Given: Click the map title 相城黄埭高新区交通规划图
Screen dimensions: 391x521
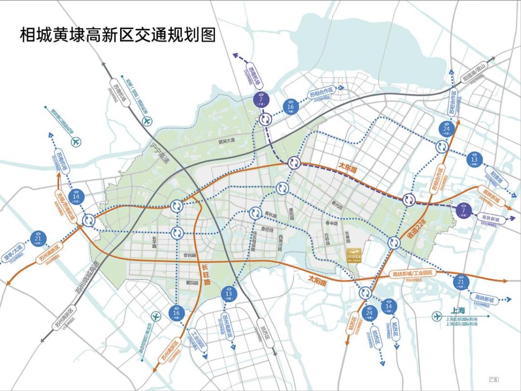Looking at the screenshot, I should [x=118, y=34].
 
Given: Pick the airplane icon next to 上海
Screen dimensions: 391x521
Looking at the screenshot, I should [x=437, y=316].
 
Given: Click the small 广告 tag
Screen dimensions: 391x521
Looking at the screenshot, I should [x=494, y=379].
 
